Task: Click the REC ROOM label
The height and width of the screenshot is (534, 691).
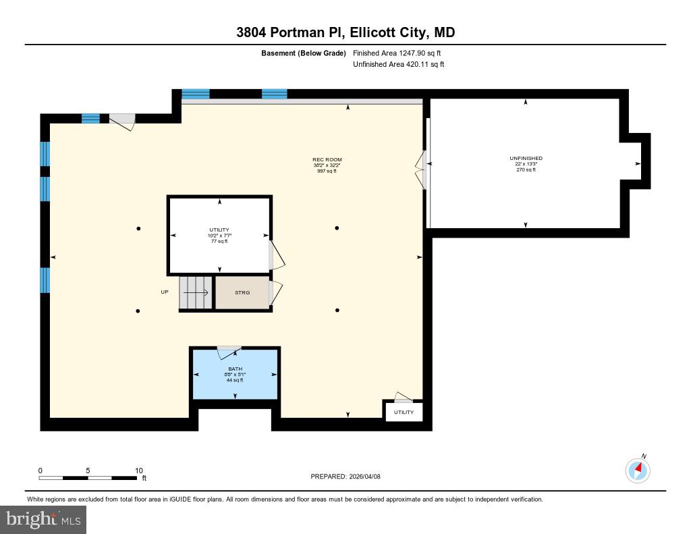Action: coord(327,160)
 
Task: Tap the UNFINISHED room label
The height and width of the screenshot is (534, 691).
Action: coord(526,159)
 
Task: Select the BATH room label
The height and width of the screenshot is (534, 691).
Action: coord(235,369)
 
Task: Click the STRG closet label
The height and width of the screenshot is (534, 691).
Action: coord(242,292)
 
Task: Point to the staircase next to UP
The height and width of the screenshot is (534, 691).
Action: coord(196,293)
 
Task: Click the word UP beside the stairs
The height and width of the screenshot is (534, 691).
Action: coord(165,292)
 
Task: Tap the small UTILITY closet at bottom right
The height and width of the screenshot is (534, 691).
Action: coord(404,412)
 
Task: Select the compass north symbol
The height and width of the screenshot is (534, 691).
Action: coord(638,469)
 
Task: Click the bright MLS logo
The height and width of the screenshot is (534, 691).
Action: coord(43,519)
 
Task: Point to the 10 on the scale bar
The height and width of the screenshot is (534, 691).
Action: coord(139,471)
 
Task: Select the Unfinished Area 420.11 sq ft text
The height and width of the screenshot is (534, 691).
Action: coord(398,65)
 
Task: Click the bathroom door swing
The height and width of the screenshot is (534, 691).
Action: coord(229,351)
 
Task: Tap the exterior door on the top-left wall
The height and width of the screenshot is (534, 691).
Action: coord(122,121)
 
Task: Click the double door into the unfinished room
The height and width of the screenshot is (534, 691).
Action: coord(422,169)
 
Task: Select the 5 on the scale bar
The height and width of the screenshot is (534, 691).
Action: coord(88,471)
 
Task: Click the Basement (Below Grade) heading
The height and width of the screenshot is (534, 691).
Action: coord(304,53)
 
